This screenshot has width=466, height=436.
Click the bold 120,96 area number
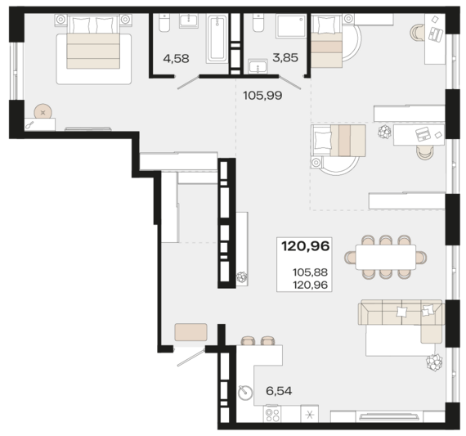[x=305, y=246]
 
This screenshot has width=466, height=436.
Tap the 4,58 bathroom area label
[x=176, y=59]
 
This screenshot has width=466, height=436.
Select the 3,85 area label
[x=285, y=58]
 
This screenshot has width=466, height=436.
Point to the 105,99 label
[x=262, y=96]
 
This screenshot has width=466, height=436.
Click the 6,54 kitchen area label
[x=279, y=391]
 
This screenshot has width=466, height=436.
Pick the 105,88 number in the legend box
[x=310, y=272]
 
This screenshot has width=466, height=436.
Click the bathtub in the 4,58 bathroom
[x=217, y=38]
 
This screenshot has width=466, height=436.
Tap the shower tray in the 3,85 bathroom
[x=291, y=26]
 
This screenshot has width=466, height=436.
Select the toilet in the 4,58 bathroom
[x=164, y=23]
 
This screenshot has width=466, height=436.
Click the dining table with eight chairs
[x=386, y=257]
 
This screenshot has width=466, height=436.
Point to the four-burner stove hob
[x=272, y=414]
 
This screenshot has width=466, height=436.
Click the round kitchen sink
[x=245, y=393]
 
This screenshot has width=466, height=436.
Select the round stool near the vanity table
[x=43, y=112]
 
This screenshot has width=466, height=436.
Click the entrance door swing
[x=190, y=357]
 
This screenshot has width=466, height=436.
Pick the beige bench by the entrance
[x=190, y=332]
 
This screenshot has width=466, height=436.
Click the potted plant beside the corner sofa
[x=434, y=362]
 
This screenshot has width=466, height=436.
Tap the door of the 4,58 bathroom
[x=188, y=83]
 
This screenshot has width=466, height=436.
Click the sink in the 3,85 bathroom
[x=258, y=66]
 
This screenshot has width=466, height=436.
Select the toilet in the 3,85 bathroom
[x=258, y=23]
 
